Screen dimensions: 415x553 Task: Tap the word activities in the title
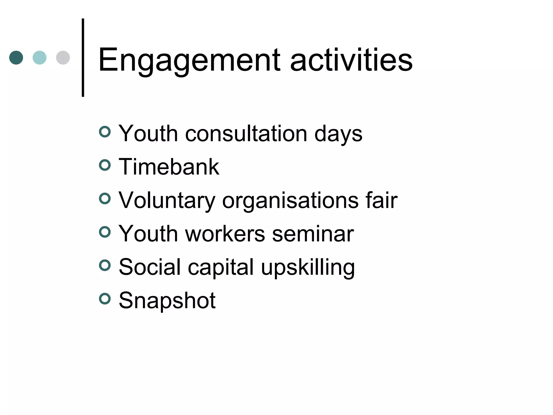(351, 60)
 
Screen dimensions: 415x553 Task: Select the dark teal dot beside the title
(16, 58)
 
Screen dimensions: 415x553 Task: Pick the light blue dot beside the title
(39, 58)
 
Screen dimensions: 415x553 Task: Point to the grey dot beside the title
(63, 58)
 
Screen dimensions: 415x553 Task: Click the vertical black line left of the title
(83, 58)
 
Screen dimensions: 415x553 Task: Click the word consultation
(246, 133)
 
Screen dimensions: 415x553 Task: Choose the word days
(338, 134)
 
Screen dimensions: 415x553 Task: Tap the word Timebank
(169, 167)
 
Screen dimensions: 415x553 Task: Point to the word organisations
(290, 200)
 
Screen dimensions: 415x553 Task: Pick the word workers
(225, 233)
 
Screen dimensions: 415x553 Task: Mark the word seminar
(313, 233)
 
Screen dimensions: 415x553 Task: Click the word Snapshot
(167, 300)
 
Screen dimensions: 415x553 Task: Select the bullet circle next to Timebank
(105, 165)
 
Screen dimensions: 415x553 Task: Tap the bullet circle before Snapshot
(105, 299)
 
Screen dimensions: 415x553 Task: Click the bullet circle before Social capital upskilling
(105, 266)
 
